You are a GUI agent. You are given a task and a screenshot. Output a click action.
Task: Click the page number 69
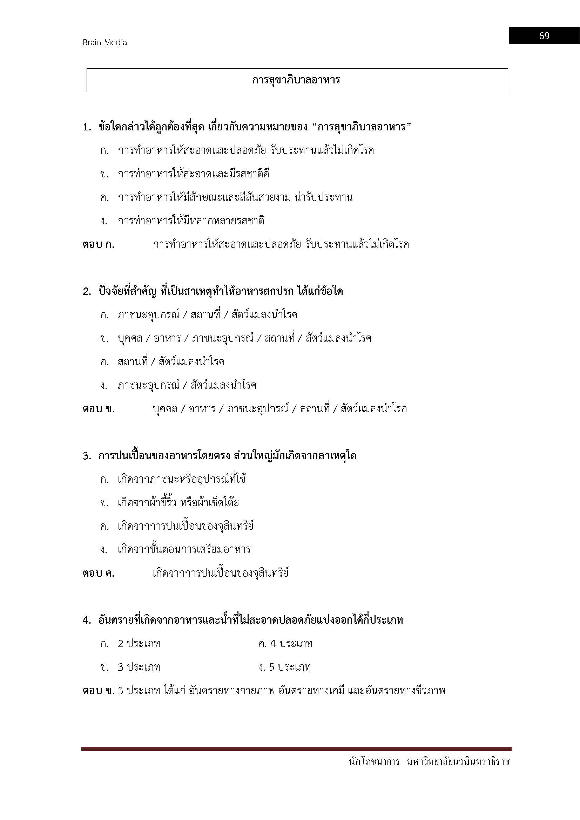[x=544, y=36]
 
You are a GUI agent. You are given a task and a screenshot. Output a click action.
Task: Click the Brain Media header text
[x=104, y=42]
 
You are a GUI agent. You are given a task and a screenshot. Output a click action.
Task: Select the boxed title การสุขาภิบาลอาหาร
[x=296, y=80]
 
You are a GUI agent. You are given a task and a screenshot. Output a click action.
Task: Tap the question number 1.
[x=87, y=127]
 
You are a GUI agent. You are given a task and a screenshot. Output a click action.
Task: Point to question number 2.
[x=87, y=291]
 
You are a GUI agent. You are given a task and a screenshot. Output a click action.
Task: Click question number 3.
[x=87, y=456]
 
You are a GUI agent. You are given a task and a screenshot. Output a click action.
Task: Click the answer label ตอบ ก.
[x=99, y=245]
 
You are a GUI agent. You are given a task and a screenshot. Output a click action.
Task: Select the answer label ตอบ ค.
[x=99, y=574]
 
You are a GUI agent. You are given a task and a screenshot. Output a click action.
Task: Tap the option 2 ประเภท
[x=139, y=644]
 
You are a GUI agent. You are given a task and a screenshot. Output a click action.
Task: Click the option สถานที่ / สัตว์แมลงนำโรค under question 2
[x=171, y=362]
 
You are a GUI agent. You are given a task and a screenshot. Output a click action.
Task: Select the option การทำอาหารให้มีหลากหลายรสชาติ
[x=191, y=221]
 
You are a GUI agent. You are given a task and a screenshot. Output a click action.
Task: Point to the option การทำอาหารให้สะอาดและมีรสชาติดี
[x=194, y=174]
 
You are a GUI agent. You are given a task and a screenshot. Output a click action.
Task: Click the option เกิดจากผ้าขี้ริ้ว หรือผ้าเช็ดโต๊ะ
[x=178, y=503]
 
